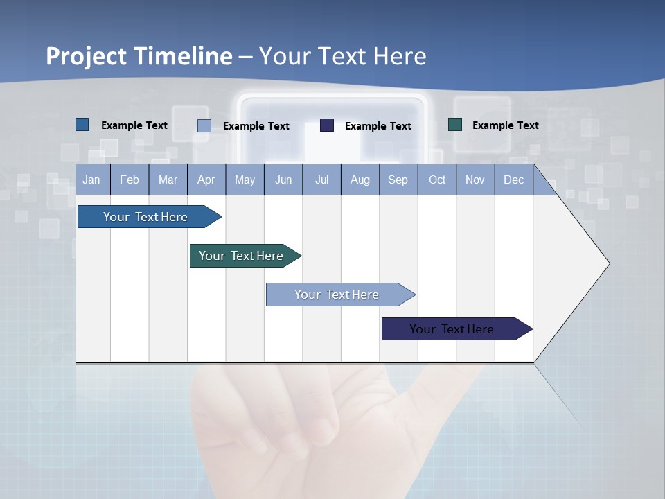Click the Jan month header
tap(91, 180)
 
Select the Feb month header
tap(130, 180)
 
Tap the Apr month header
tap(206, 180)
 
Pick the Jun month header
tap(283, 180)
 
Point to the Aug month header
tap(360, 180)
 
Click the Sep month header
tap(398, 180)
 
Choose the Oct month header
tap(437, 180)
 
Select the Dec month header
tap(513, 180)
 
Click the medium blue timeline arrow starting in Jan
tap(145, 217)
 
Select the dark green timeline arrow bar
tap(241, 256)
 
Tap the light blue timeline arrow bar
tap(337, 295)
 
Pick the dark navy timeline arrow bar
tap(452, 329)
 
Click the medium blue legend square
tap(82, 125)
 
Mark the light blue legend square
tap(204, 125)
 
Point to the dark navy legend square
tap(327, 125)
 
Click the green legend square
tap(455, 125)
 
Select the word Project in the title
tap(86, 56)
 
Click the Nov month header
tap(475, 180)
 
